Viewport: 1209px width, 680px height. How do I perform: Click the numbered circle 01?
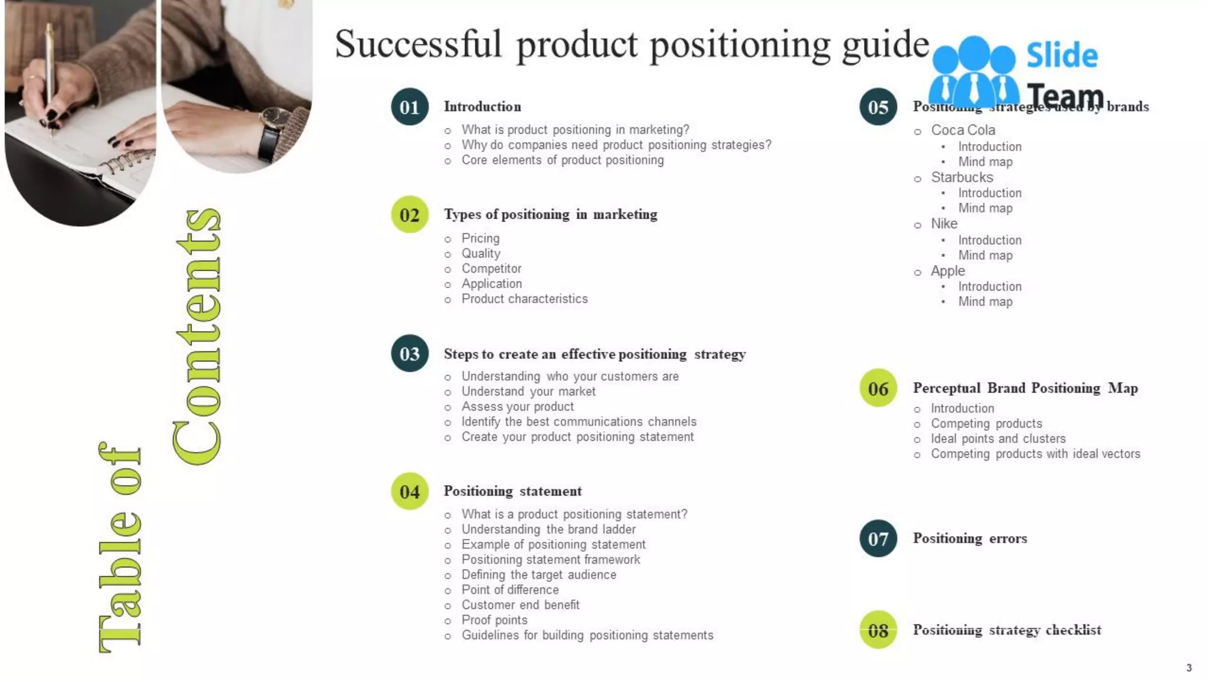pyautogui.click(x=409, y=107)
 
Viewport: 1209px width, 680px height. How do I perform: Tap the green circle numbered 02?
pyautogui.click(x=409, y=214)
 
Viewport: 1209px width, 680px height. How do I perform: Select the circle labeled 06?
pyautogui.click(x=878, y=388)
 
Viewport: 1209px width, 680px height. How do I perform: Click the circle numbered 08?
pyautogui.click(x=878, y=630)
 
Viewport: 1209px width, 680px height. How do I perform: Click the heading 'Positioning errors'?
pyautogui.click(x=969, y=538)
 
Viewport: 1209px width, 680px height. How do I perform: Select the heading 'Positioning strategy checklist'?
pyautogui.click(x=1007, y=630)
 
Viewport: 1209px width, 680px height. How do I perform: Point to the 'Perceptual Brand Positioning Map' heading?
pyautogui.click(x=1025, y=388)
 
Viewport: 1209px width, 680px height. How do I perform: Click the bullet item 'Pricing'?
pyautogui.click(x=480, y=238)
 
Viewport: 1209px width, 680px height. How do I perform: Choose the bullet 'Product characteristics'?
pyautogui.click(x=524, y=299)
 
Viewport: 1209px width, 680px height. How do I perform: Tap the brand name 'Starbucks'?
pyautogui.click(x=962, y=177)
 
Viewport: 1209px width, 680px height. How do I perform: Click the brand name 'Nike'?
pyautogui.click(x=944, y=224)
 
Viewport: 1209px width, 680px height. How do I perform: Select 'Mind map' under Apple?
pyautogui.click(x=985, y=302)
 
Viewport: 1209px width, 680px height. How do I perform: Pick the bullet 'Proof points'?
pyautogui.click(x=494, y=620)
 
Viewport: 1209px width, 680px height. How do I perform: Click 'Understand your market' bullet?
pyautogui.click(x=528, y=391)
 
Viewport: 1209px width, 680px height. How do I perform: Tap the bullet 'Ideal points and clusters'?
pyautogui.click(x=998, y=439)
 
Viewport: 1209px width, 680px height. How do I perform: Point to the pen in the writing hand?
pyautogui.click(x=51, y=71)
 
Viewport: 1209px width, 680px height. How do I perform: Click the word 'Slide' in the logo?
pyautogui.click(x=1061, y=56)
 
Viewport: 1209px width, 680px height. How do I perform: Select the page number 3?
pyautogui.click(x=1189, y=668)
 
